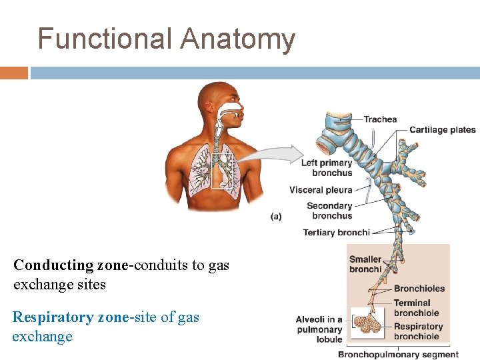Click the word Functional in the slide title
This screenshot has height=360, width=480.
tap(105, 39)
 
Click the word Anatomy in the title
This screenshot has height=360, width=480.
tap(237, 39)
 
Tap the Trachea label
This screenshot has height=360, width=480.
tap(380, 119)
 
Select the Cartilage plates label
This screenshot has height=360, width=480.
tap(442, 130)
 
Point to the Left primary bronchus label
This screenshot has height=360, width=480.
tap(327, 168)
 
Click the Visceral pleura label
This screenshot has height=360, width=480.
tap(321, 190)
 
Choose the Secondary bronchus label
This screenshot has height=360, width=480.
tap(329, 211)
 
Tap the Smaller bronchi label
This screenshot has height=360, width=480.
tap(365, 264)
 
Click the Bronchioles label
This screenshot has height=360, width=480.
tap(419, 289)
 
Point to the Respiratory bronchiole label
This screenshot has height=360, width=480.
tap(418, 331)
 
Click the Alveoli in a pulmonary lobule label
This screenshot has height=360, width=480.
tap(319, 329)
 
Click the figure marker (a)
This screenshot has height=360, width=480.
tap(276, 217)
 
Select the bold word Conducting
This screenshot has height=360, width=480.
tap(54, 265)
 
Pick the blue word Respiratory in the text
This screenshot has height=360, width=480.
tap(53, 317)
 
